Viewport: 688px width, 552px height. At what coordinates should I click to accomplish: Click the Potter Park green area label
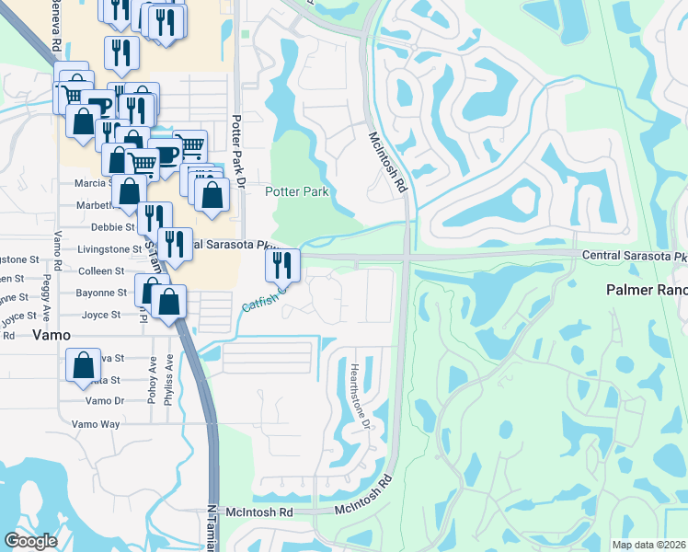point(297,191)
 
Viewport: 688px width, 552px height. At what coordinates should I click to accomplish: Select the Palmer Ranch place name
point(647,289)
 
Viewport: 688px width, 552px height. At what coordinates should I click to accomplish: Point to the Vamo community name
point(52,336)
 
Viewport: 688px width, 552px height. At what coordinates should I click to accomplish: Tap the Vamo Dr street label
point(104,401)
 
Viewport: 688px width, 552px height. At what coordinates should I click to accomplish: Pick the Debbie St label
point(113,226)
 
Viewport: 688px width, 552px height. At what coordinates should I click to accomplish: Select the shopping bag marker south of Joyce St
point(83,364)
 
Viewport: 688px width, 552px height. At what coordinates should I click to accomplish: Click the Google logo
point(31,541)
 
